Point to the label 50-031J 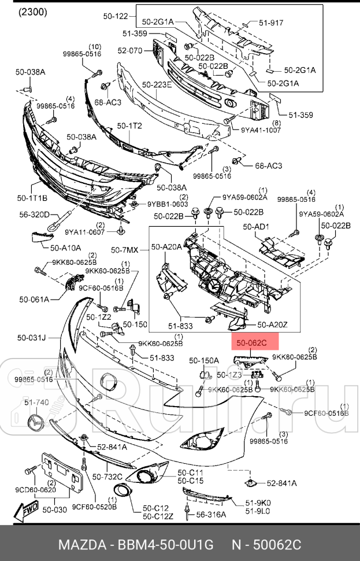(31, 337)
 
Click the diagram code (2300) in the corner (33, 12)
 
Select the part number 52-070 (129, 50)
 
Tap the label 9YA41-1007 (261, 130)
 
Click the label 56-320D (35, 214)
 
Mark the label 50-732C (107, 477)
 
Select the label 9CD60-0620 (36, 490)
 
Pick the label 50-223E (156, 85)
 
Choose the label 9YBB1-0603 (168, 204)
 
